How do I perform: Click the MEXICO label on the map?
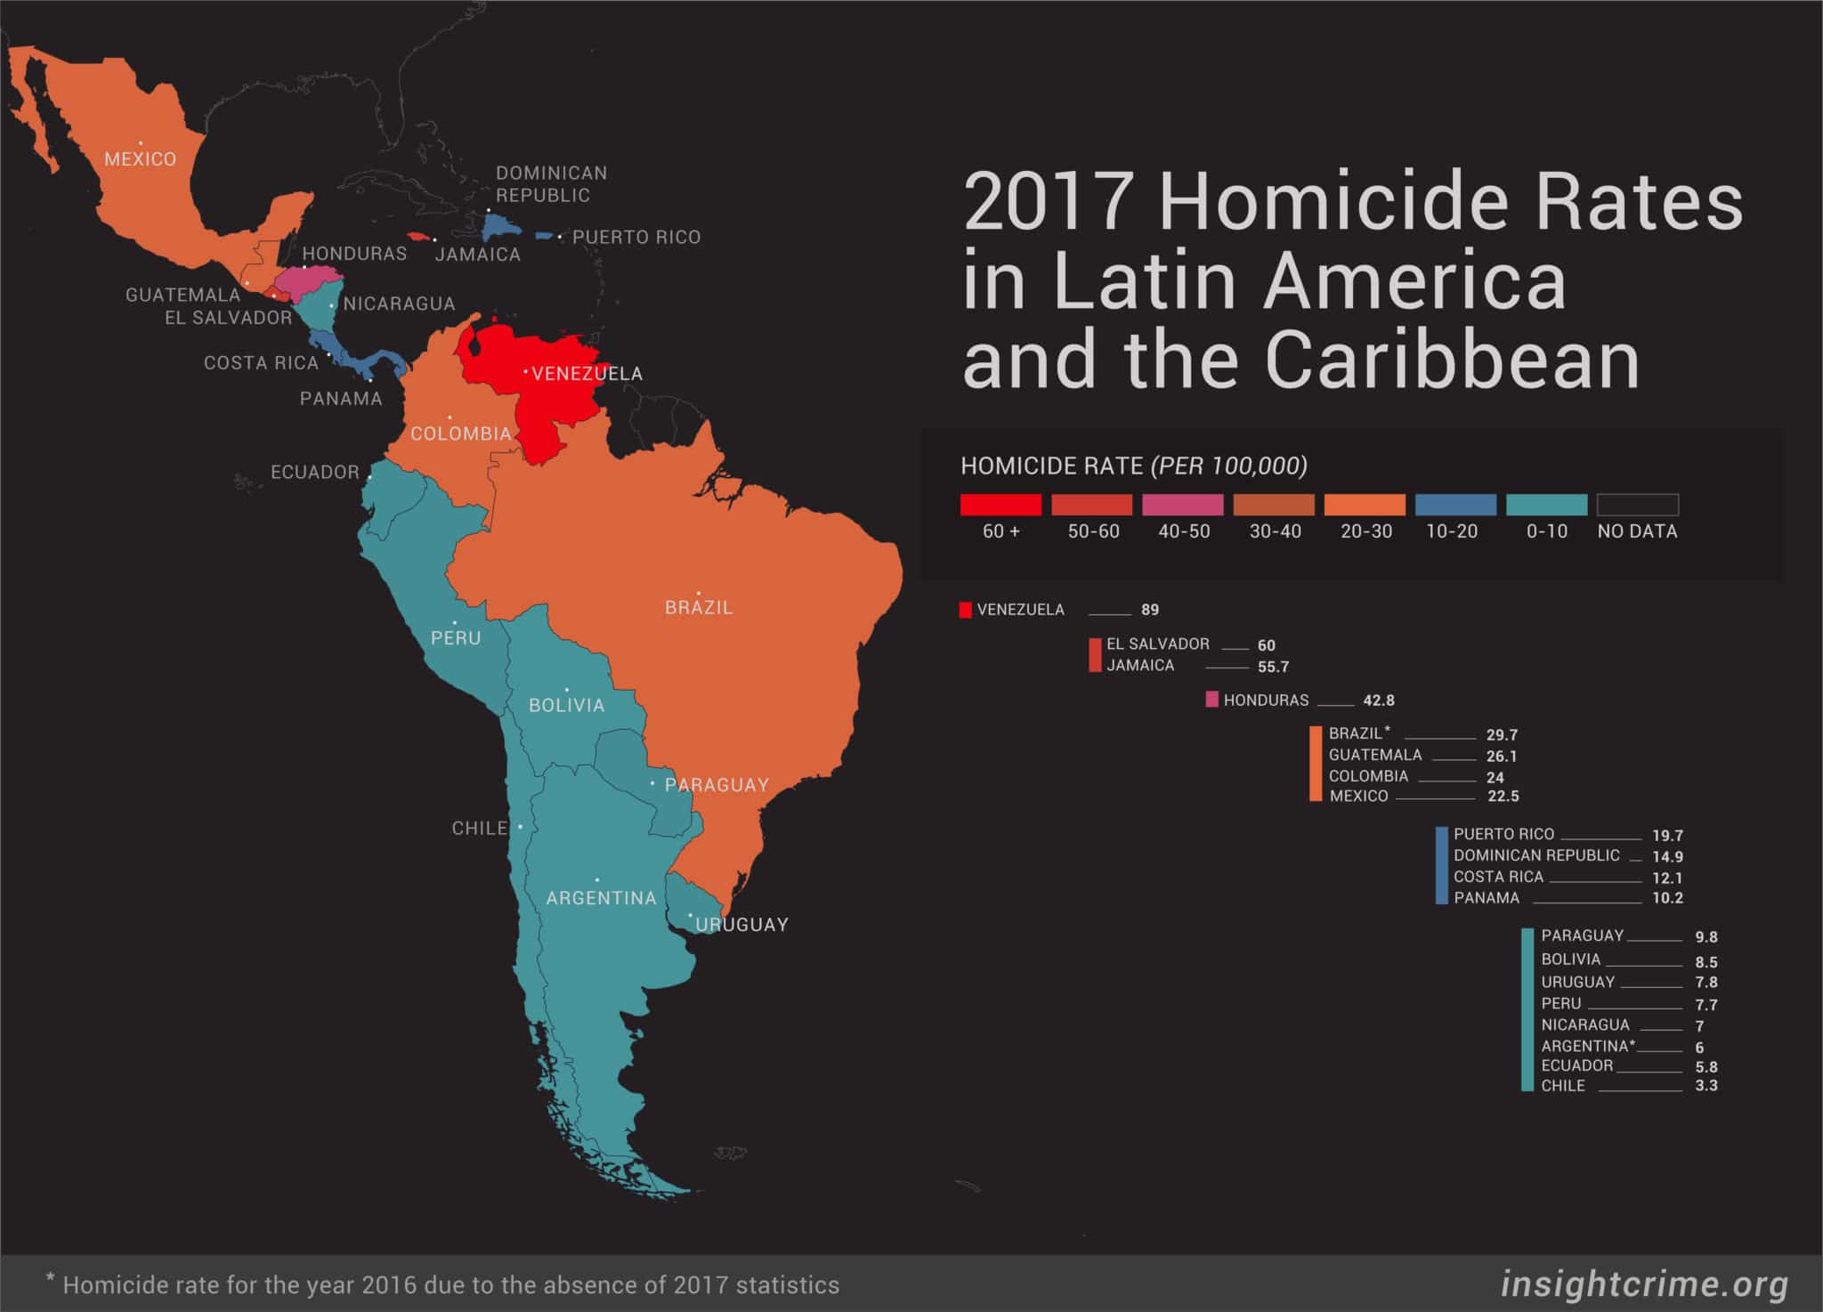point(140,159)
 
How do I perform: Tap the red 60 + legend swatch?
point(1001,505)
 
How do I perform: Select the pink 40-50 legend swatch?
point(1183,505)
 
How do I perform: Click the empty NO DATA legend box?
point(1637,505)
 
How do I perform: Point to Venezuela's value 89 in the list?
point(1150,610)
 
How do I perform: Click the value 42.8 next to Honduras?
point(1379,701)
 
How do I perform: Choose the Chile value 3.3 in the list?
point(1706,1086)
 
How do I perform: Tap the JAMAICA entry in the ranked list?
point(1140,666)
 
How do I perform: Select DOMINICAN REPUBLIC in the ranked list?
point(1536,855)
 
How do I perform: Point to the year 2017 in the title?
point(1049,202)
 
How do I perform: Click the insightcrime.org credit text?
point(1644,1284)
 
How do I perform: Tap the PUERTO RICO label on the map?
point(636,238)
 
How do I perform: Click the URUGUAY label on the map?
point(741,925)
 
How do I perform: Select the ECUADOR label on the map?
point(314,472)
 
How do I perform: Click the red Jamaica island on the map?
point(419,239)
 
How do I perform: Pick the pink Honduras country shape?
point(306,281)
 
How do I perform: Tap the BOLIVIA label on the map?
point(566,705)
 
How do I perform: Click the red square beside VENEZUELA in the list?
point(965,610)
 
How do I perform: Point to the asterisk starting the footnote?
point(51,1282)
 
